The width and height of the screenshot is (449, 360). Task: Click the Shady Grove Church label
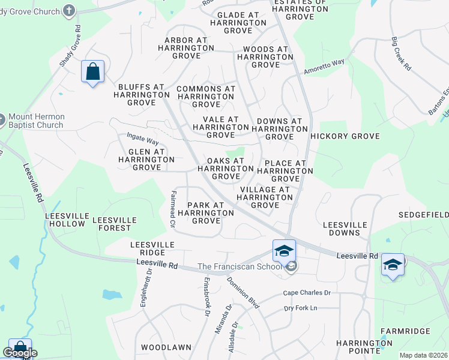(30, 11)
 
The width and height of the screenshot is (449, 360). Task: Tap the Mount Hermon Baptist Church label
(36, 121)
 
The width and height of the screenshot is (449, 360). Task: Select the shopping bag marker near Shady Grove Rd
(92, 72)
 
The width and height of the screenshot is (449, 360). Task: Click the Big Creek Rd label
(401, 55)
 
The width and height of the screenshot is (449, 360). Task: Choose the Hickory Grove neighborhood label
(345, 136)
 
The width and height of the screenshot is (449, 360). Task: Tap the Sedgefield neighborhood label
(423, 214)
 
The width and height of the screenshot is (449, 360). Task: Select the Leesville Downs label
(345, 228)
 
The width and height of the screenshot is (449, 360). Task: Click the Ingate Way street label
(142, 139)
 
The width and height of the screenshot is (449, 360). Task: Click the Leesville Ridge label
(153, 248)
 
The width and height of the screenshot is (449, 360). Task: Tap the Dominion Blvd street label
(243, 292)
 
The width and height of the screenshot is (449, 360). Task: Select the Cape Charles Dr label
(307, 293)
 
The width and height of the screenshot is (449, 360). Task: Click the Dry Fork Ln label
(300, 308)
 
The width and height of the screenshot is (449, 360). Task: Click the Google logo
(20, 353)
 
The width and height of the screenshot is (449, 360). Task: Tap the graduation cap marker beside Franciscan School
(284, 251)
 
